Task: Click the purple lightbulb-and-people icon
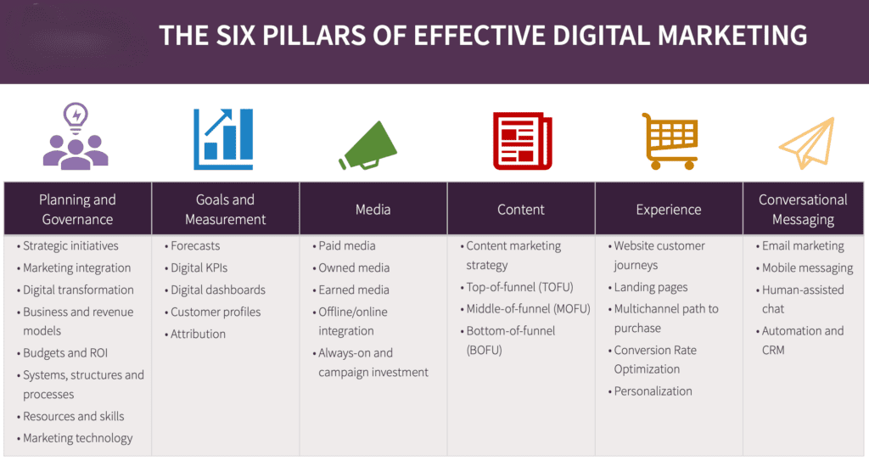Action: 76,137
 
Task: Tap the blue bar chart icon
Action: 224,138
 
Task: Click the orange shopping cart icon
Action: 669,140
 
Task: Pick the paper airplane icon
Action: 807,143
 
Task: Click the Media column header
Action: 373,210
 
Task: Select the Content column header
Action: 521,210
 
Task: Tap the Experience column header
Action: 669,210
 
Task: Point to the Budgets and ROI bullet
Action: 65,353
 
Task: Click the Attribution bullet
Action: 199,335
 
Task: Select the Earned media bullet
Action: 354,290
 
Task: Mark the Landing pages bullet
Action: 651,288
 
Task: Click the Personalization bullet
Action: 653,391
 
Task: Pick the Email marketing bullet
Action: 803,246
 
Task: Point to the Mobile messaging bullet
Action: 807,268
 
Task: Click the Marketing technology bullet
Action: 78,438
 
